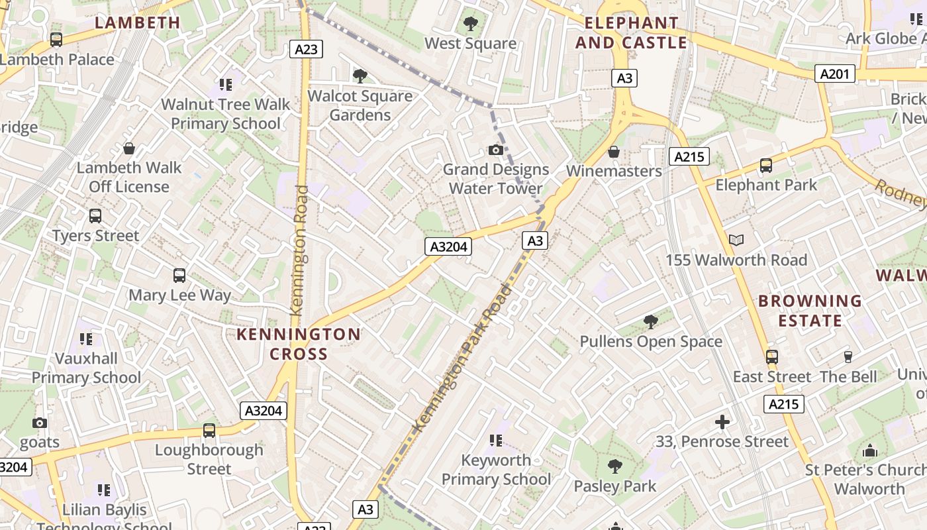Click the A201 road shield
834,74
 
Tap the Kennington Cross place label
299,344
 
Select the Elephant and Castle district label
631,32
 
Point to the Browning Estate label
810,311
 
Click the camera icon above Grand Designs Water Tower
495,150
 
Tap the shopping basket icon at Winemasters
614,152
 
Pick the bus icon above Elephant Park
766,166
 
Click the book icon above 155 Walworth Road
736,240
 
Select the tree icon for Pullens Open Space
651,322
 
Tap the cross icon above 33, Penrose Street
722,422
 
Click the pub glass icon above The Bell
848,358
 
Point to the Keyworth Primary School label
496,470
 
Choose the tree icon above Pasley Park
615,466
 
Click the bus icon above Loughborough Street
209,431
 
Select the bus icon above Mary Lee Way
179,276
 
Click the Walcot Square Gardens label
360,105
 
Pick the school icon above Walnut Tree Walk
226,85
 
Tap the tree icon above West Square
471,25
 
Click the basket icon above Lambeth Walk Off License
129,148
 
